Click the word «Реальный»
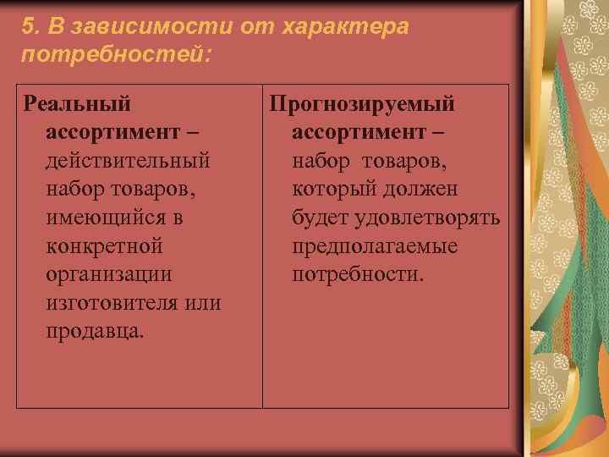78,104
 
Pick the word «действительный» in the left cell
129,161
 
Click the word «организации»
109,275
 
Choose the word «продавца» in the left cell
94,332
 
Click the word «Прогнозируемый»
362,104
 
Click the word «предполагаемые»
375,246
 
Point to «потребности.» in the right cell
359,275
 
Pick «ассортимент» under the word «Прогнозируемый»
362,133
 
